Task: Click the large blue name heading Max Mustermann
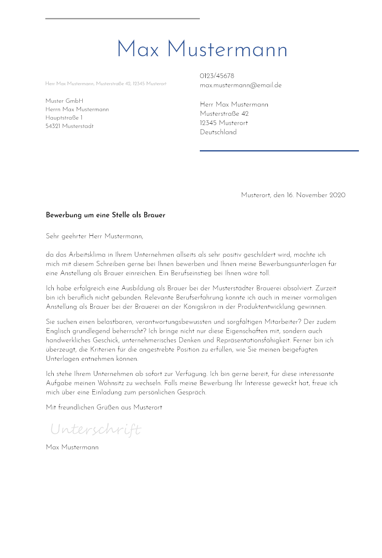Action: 202,50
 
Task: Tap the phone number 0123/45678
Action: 217,76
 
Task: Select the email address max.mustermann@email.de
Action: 241,85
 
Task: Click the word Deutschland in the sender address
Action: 218,132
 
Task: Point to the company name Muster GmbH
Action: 64,101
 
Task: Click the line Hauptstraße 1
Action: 64,118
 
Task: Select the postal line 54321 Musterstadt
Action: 69,126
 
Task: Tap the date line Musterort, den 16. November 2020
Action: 293,195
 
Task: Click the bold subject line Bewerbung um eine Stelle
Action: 105,215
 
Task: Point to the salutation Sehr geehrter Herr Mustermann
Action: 94,236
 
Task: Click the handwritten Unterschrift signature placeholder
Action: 95,430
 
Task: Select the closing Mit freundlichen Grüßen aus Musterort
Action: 104,407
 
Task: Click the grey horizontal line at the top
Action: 122,18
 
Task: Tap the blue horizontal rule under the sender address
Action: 279,151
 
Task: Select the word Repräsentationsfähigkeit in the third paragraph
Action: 254,340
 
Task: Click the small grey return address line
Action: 106,84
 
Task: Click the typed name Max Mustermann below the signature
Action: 72,447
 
